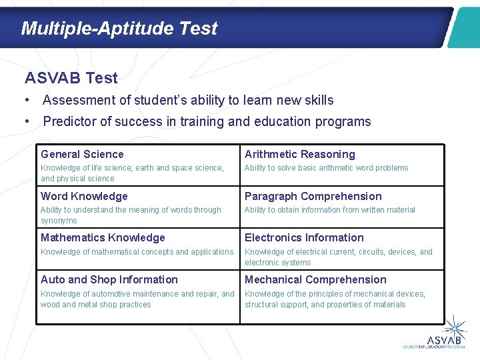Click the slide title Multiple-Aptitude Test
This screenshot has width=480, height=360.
(119, 29)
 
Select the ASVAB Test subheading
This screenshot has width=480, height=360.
(71, 78)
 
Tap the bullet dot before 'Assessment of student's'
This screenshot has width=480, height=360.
(27, 100)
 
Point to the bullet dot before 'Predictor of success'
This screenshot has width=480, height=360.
(27, 121)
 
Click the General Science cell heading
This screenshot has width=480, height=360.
(82, 154)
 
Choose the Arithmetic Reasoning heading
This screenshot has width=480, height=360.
(300, 154)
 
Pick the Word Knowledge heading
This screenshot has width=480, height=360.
(84, 196)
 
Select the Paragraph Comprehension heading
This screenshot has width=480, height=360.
(313, 196)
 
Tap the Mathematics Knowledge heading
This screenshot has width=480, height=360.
(103, 237)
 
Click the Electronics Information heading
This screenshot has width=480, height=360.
(304, 237)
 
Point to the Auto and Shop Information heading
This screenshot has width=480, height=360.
(109, 279)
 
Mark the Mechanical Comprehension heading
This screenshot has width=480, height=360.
(315, 280)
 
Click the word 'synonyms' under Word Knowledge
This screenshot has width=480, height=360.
(59, 221)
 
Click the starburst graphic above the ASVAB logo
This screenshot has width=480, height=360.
(455, 327)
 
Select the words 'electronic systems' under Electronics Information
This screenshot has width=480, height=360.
(277, 263)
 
